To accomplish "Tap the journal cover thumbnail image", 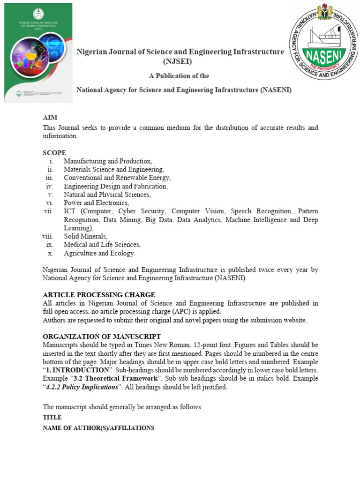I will click(x=39, y=52).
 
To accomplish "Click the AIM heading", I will click(x=50, y=118).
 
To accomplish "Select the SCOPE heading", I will click(x=54, y=153).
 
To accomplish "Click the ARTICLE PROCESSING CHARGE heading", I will click(x=99, y=295).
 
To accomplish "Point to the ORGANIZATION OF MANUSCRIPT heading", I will click(x=102, y=337).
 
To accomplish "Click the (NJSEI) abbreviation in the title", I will click(x=177, y=61).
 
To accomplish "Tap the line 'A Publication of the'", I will click(x=179, y=76).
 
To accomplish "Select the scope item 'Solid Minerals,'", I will click(x=86, y=236).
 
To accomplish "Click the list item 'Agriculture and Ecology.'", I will click(x=99, y=253).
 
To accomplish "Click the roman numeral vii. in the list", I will click(x=49, y=211).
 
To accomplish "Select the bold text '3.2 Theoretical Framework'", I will click(x=116, y=378).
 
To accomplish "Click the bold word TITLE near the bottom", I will click(x=52, y=417).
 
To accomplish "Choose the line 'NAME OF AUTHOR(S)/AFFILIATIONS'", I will click(x=98, y=428).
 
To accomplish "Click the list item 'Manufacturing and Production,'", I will click(x=108, y=161).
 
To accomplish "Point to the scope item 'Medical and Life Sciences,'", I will click(x=102, y=245).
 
